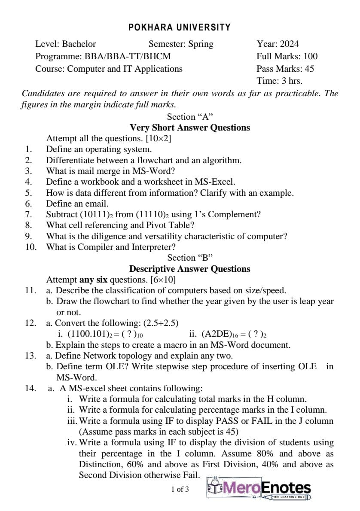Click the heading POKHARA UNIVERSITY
pos(180,27)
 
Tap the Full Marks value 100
pos(310,56)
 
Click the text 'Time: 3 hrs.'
pos(279,81)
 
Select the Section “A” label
pos(190,117)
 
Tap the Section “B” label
pos(190,258)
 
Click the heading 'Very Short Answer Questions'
pos(190,128)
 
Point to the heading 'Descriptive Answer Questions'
pos(190,269)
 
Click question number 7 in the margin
pos(29,214)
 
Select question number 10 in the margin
pos(31,247)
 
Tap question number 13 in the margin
pos(31,356)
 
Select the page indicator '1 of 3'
pos(180,489)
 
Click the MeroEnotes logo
pos(259,489)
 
